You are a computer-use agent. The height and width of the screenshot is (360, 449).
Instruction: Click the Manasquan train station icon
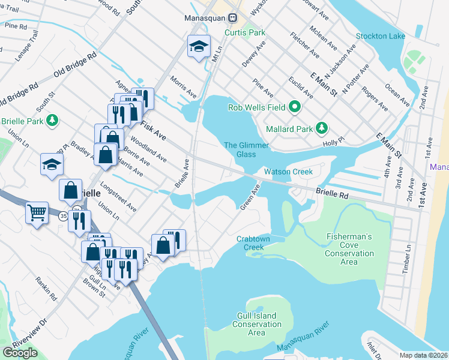(237, 18)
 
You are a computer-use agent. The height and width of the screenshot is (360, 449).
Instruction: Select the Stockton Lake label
(381, 36)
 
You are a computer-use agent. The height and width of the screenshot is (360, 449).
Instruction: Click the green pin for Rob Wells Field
(294, 108)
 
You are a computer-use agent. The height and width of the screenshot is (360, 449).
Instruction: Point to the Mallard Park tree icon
(322, 128)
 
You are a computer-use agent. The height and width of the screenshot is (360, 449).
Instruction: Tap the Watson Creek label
(289, 172)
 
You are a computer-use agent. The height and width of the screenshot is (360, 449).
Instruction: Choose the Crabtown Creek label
(254, 242)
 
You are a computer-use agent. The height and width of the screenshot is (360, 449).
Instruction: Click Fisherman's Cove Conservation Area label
(349, 249)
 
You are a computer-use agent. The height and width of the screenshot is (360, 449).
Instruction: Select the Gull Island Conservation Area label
(256, 324)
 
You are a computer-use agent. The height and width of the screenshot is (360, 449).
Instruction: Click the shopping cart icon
(37, 212)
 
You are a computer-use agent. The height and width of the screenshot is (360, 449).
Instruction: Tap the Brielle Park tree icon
(53, 120)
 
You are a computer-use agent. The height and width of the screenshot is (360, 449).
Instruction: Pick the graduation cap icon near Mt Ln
(199, 46)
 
